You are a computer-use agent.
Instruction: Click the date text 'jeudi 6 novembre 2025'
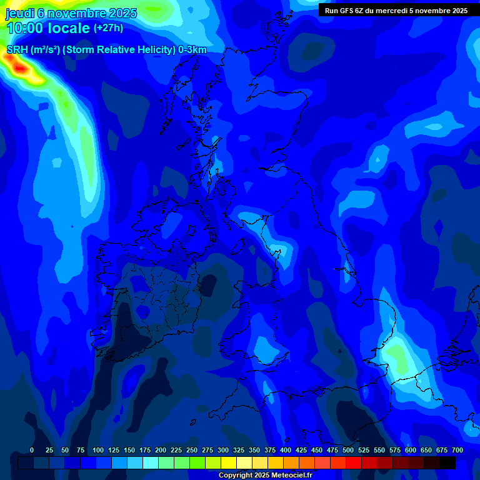tap(71, 13)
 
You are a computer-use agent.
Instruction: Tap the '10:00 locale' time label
tap(48, 28)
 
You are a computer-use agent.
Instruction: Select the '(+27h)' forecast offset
tap(108, 28)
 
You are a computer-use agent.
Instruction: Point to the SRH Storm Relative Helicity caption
tap(106, 50)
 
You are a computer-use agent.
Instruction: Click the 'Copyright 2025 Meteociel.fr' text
tap(265, 476)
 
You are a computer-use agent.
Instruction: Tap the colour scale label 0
tap(32, 450)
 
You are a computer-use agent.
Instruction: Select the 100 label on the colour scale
tap(98, 450)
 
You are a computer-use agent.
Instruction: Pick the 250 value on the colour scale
tap(192, 450)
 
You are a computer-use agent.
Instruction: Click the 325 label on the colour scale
tap(239, 450)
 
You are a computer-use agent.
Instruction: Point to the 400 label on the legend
tap(286, 450)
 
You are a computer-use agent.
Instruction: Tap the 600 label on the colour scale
tap(411, 450)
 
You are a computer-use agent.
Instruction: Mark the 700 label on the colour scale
tap(457, 450)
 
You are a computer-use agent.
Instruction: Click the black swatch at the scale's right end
tap(447, 463)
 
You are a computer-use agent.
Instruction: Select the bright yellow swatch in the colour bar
tap(229, 463)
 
